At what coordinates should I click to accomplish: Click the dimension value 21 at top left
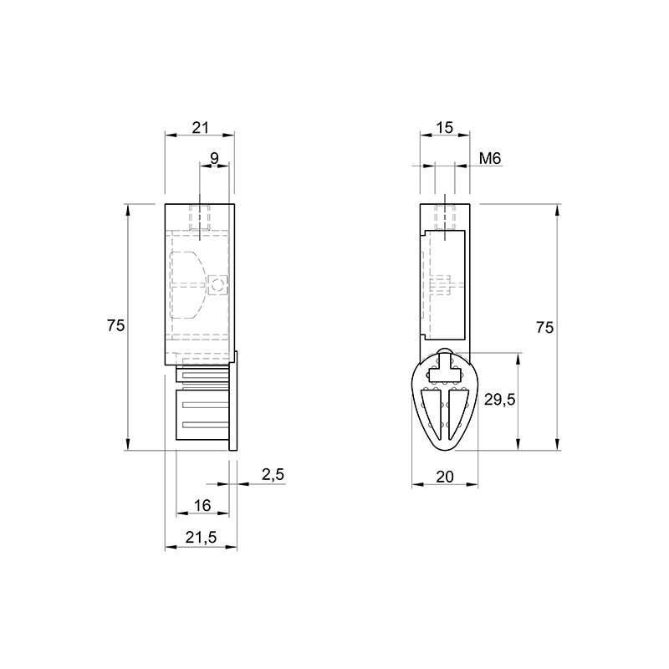point(200,127)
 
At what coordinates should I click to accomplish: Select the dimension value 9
point(214,158)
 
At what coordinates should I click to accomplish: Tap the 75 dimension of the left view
point(115,325)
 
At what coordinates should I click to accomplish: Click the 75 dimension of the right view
point(545,327)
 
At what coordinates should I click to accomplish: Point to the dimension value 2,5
point(273,474)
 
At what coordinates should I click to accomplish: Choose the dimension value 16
point(202,505)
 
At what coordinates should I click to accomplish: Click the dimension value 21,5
point(201,538)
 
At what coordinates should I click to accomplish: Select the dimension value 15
point(445,127)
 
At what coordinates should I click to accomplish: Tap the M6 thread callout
point(490,159)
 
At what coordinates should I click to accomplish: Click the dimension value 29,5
point(499,400)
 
